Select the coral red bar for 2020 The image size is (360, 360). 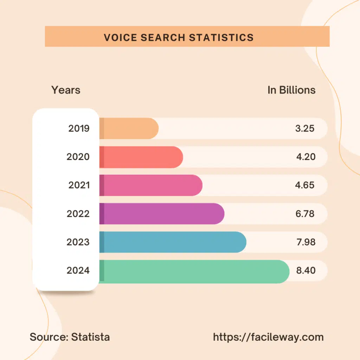point(141,157)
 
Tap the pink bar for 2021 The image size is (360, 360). point(151,185)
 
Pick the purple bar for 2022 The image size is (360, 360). point(162,214)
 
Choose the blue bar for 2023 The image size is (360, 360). point(173,242)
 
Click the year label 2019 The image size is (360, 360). point(79,128)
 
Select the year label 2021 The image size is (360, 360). point(79,185)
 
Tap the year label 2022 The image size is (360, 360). point(78,214)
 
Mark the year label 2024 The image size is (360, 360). point(78,271)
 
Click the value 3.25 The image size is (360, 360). point(304,128)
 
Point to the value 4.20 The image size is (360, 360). point(306,157)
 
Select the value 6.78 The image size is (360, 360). point(305,214)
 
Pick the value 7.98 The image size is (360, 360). point(305,242)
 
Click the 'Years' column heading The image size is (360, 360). point(66,90)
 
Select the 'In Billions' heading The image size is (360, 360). point(291,90)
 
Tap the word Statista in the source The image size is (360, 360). point(90,337)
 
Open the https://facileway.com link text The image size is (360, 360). point(268,337)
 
